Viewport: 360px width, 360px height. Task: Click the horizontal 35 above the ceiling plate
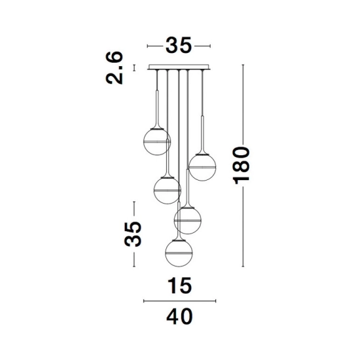click(x=179, y=45)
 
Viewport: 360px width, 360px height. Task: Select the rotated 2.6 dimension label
click(x=115, y=67)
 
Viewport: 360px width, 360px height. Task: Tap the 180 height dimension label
click(x=241, y=166)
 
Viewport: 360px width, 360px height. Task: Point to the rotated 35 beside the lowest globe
click(x=133, y=234)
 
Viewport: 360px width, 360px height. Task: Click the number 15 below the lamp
click(x=180, y=285)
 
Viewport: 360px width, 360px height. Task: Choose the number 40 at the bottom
click(x=179, y=316)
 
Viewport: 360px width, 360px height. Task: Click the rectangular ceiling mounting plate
click(x=179, y=67)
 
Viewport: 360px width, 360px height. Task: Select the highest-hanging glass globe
click(x=157, y=141)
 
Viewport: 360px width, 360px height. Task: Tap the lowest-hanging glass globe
click(x=179, y=253)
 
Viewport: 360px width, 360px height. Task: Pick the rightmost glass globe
click(x=202, y=168)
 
